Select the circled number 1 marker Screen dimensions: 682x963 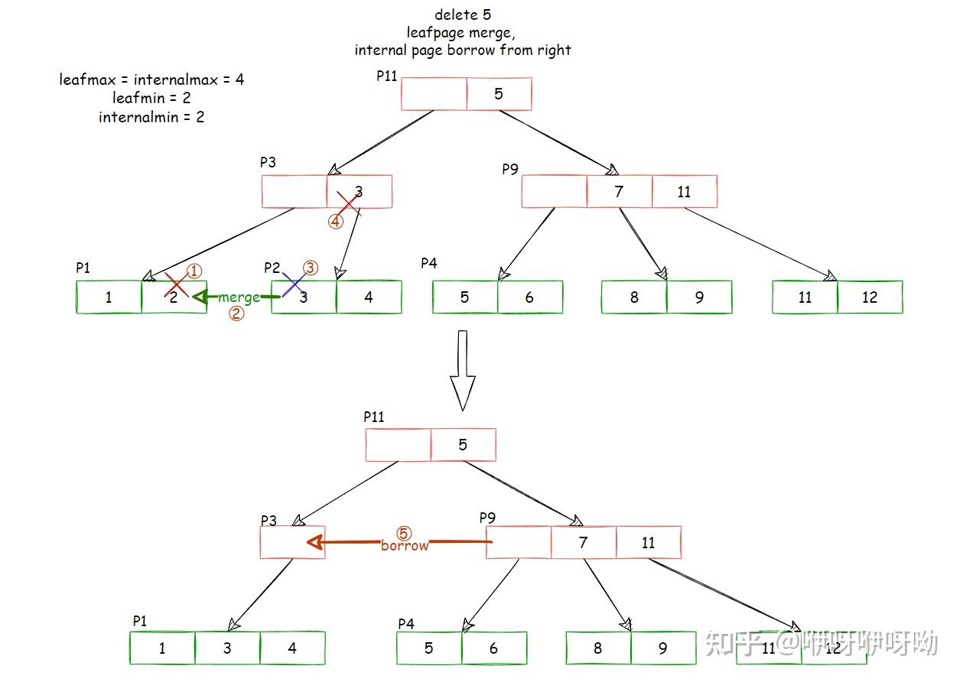click(194, 271)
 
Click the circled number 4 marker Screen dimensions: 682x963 click(336, 222)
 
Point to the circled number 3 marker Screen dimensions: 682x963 click(311, 268)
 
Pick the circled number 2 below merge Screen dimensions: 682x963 click(236, 313)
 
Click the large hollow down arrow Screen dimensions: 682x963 click(462, 370)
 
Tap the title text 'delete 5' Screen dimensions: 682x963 click(462, 15)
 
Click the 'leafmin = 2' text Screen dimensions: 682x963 click(151, 98)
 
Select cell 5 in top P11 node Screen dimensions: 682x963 click(499, 94)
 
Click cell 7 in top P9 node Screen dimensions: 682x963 click(620, 191)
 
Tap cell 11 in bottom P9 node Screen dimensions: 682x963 click(649, 542)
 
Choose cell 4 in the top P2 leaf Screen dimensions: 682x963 click(369, 297)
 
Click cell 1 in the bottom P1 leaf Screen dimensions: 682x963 click(162, 648)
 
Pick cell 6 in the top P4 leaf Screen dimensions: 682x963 click(529, 297)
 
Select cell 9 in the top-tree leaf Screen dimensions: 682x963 click(699, 297)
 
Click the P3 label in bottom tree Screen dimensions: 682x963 click(268, 521)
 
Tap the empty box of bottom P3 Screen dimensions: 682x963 click(293, 542)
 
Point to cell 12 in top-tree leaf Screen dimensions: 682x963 click(870, 297)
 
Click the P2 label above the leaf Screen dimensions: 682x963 click(272, 268)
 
